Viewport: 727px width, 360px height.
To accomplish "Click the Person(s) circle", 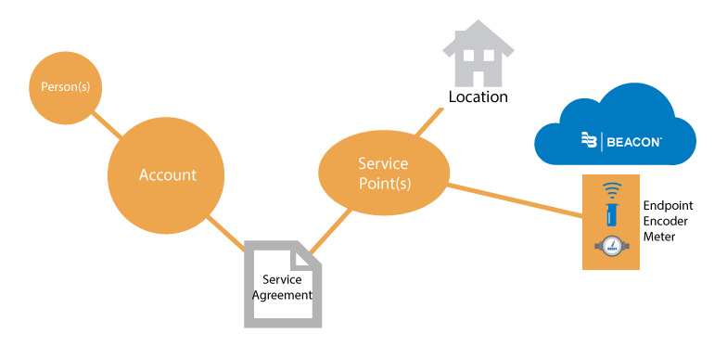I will tap(65, 86).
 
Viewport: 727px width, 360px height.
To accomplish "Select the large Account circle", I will tap(168, 174).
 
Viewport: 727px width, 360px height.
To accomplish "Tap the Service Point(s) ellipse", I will tap(383, 174).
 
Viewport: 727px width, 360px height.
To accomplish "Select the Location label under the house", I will tap(478, 96).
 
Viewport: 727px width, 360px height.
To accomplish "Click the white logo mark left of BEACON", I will tap(589, 141).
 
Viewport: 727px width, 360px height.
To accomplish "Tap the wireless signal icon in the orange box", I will tap(610, 191).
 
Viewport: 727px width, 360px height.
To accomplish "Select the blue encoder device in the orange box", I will tap(610, 216).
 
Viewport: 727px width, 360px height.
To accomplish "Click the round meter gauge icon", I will tap(610, 247).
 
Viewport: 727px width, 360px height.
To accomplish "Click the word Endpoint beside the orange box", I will tap(668, 205).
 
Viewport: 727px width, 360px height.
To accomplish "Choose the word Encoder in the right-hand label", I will tap(668, 221).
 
